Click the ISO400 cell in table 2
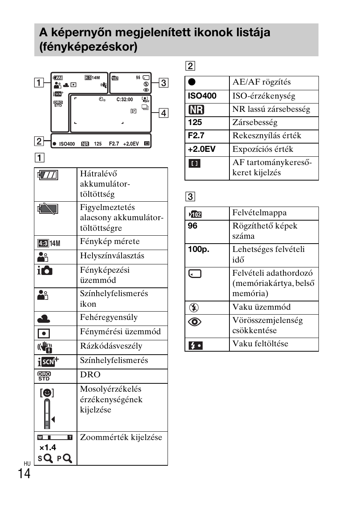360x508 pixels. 202,96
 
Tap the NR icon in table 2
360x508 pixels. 196,110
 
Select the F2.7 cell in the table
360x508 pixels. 196,136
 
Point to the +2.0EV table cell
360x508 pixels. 202,149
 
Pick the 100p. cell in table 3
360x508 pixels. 198,249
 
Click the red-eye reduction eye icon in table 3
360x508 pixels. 195,322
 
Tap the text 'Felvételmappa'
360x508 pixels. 259,213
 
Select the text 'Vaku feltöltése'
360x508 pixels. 260,344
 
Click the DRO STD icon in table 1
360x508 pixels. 44,376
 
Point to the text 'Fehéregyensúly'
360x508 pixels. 109,318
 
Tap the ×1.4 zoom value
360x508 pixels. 48,448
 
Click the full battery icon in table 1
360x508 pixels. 48,175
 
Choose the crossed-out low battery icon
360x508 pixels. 48,209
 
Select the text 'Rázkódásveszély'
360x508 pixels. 111,346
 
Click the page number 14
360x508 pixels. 24,473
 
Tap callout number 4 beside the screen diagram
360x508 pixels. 163,113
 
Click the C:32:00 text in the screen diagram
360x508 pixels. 125,100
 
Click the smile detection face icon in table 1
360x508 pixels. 47,393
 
